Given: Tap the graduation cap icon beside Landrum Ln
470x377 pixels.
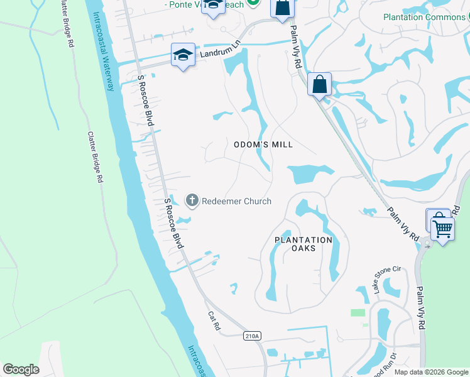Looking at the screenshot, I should click(x=182, y=55).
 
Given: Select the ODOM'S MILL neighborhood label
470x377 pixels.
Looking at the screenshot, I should click(x=263, y=145).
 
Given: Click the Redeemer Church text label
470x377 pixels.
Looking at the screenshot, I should click(x=236, y=201).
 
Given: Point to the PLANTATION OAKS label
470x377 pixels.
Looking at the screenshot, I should click(x=303, y=244).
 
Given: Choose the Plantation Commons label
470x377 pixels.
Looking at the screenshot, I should click(x=424, y=17).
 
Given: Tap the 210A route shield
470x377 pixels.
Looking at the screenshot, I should click(x=252, y=336).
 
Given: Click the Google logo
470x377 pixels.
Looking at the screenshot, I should click(x=21, y=369).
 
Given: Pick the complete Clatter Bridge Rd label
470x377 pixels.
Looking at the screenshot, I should click(x=95, y=157).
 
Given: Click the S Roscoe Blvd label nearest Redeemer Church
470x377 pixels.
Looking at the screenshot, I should click(x=173, y=223).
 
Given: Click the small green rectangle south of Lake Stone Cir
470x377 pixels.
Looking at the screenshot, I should click(x=358, y=312).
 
